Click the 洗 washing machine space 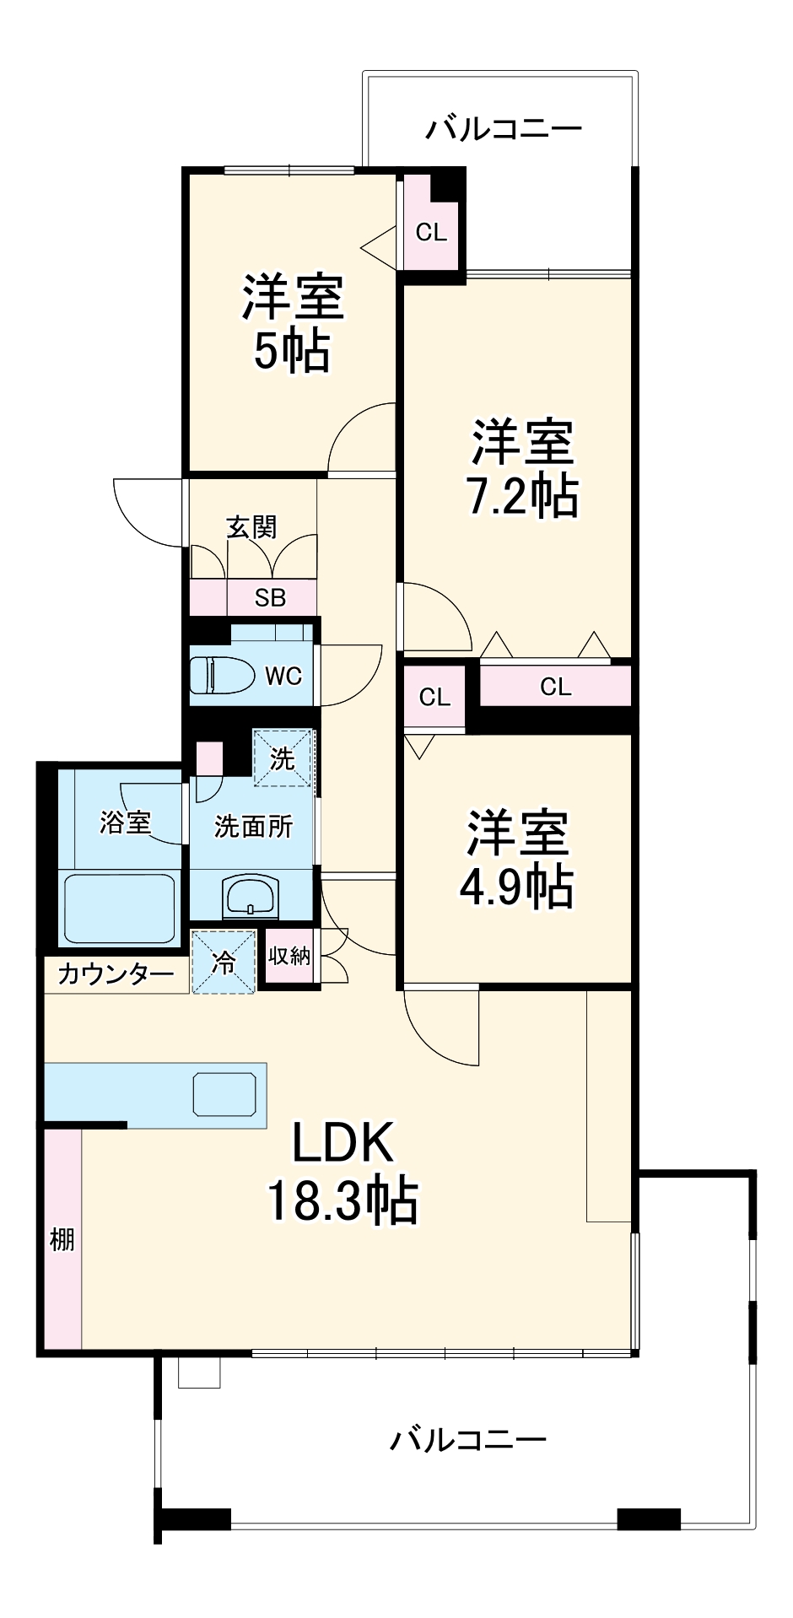tap(283, 758)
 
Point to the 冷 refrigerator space tap(224, 962)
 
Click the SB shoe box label tap(271, 598)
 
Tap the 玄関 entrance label tap(251, 527)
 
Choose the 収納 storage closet tap(289, 956)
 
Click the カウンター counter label tap(116, 974)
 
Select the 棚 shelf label tap(62, 1239)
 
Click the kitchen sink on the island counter tap(224, 1094)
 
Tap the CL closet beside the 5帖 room tap(431, 232)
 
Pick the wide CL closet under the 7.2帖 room tap(555, 687)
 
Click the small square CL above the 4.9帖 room tap(434, 697)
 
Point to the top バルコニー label tap(503, 129)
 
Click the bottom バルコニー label tap(467, 1438)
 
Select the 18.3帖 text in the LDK tap(343, 1200)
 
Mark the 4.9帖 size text tap(516, 886)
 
